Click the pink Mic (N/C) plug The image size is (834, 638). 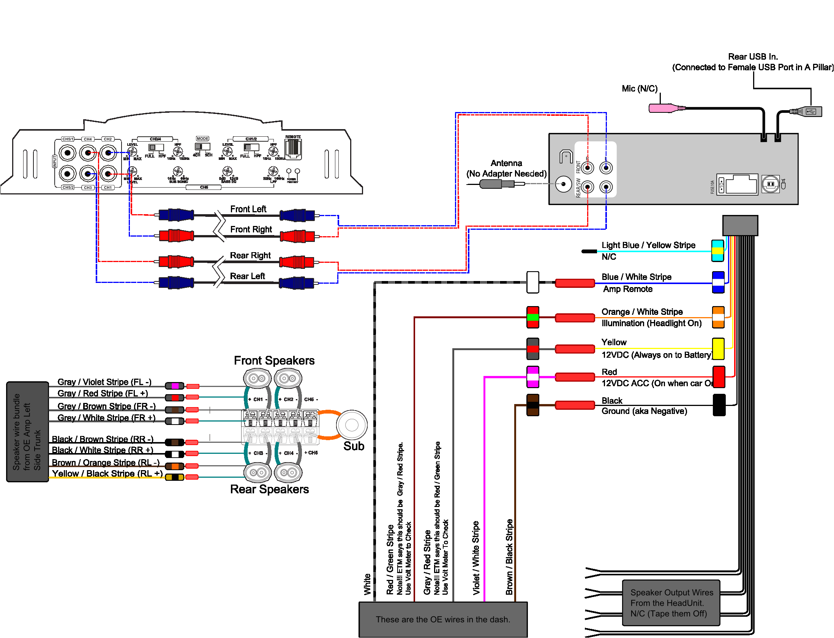pyautogui.click(x=663, y=108)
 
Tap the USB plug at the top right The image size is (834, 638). pyautogui.click(x=809, y=112)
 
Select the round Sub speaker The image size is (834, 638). pyautogui.click(x=351, y=425)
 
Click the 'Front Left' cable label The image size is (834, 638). pyautogui.click(x=248, y=209)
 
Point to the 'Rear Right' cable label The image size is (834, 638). pyautogui.click(x=250, y=255)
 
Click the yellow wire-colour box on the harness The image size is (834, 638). pyautogui.click(x=718, y=349)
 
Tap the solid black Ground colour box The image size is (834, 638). pyautogui.click(x=719, y=405)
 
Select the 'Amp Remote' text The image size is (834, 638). pyautogui.click(x=628, y=289)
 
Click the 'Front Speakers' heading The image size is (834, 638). pyautogui.click(x=274, y=360)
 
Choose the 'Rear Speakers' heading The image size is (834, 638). pyautogui.click(x=269, y=489)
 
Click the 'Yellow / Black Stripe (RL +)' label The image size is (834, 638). pyautogui.click(x=107, y=474)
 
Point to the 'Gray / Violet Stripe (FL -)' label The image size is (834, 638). pyautogui.click(x=104, y=382)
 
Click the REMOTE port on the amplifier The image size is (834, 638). pyautogui.click(x=293, y=148)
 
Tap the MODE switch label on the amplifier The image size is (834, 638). pyautogui.click(x=202, y=139)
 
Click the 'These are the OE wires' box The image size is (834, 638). pyautogui.click(x=443, y=619)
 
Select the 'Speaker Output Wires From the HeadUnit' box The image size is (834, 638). pyautogui.click(x=671, y=603)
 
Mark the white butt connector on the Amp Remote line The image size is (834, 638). pyautogui.click(x=532, y=282)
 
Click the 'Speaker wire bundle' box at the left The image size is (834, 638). pyautogui.click(x=27, y=432)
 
